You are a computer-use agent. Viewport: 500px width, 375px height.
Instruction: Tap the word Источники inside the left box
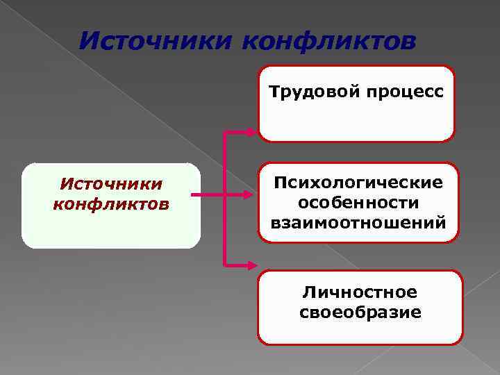click(111, 184)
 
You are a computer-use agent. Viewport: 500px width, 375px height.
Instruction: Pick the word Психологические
click(358, 184)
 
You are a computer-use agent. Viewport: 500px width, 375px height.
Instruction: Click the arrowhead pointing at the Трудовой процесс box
click(251, 131)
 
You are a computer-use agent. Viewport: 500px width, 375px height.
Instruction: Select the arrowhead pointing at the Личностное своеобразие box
click(251, 264)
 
